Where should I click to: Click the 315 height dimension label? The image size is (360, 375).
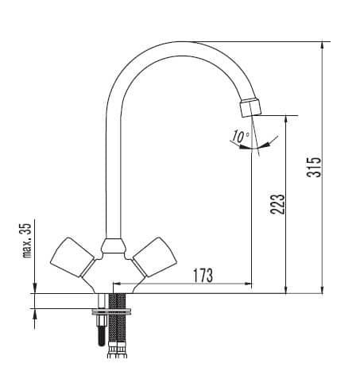(x=314, y=167)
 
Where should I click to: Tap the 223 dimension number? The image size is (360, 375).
(x=277, y=204)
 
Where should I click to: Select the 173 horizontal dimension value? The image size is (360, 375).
(x=203, y=276)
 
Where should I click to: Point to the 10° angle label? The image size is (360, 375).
(x=241, y=137)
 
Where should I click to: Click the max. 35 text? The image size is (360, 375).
(x=27, y=240)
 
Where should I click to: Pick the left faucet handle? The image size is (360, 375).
(x=72, y=257)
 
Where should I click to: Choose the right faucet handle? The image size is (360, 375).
(x=155, y=257)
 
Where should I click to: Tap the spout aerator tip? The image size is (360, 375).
(x=250, y=107)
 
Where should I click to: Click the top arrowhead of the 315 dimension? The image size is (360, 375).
(x=322, y=45)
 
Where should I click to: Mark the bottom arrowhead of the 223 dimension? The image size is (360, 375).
(x=285, y=290)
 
